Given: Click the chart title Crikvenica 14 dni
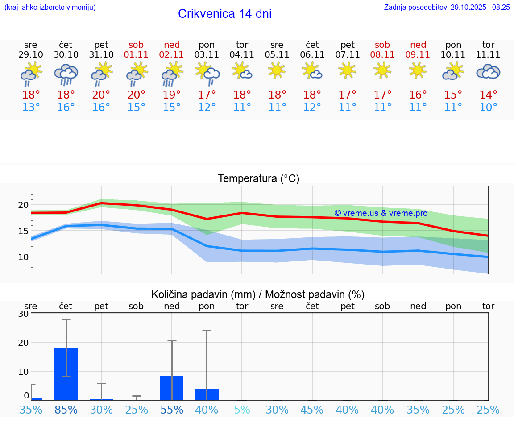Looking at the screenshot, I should click(224, 14).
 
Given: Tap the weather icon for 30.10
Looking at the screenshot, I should click(66, 74).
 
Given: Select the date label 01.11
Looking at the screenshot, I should click(137, 55).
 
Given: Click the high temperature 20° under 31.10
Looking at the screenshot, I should click(101, 95).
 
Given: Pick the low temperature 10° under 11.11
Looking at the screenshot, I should click(489, 108).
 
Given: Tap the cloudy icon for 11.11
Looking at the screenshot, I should click(488, 72).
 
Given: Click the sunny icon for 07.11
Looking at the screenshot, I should click(347, 70).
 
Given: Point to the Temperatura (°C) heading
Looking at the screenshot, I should click(258, 179).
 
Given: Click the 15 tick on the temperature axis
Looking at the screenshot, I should click(23, 231).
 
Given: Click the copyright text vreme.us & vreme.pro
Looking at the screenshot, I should click(381, 213).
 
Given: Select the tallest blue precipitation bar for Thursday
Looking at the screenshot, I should click(66, 373).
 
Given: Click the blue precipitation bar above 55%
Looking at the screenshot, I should click(172, 388).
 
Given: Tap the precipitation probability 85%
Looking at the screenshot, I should click(66, 410).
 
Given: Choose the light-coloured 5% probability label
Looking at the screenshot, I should click(242, 410).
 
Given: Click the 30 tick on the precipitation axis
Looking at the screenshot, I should click(23, 314).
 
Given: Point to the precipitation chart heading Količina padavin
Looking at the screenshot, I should click(258, 294).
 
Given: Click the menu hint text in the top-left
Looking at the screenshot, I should click(50, 8).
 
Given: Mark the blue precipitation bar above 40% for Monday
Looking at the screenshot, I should click(207, 394).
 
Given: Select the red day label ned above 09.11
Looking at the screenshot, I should click(418, 45).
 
